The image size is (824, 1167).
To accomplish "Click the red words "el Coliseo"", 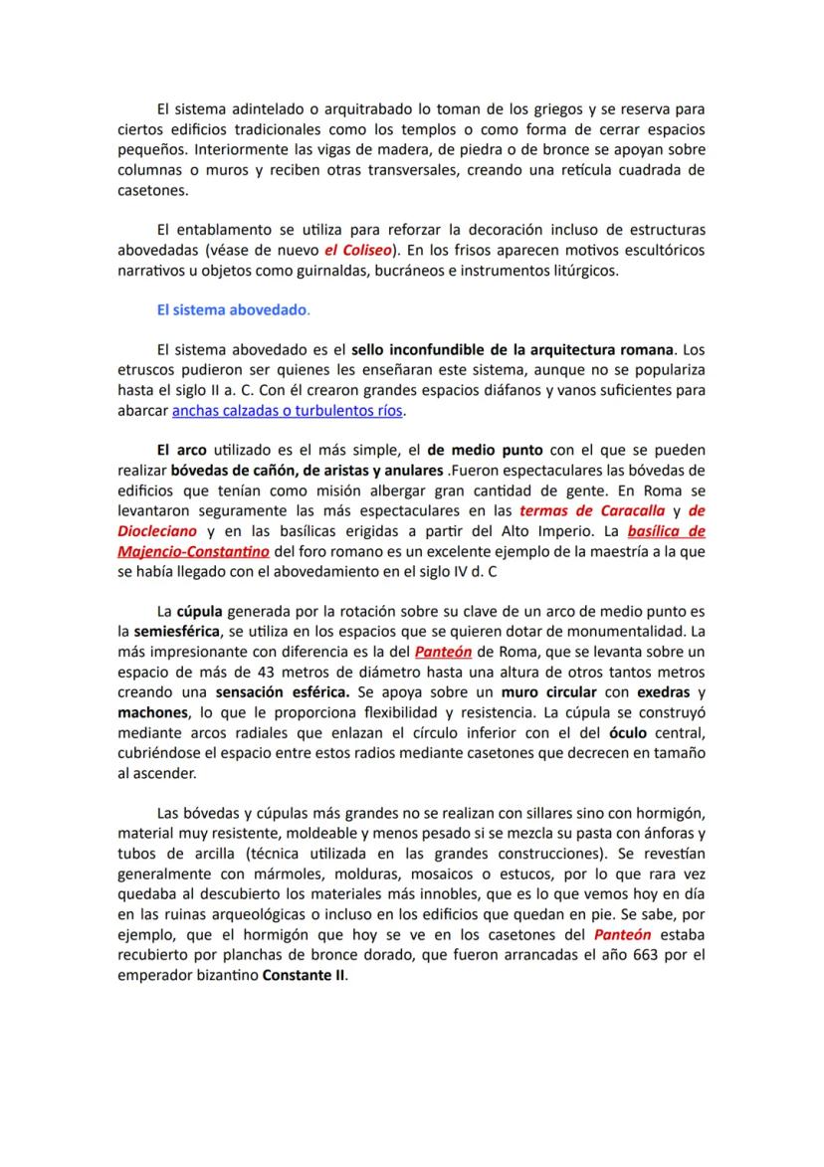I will (x=360, y=248).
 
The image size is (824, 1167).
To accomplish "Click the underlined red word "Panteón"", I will (x=443, y=653).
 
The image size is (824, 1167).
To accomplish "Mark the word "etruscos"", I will (x=148, y=370).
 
